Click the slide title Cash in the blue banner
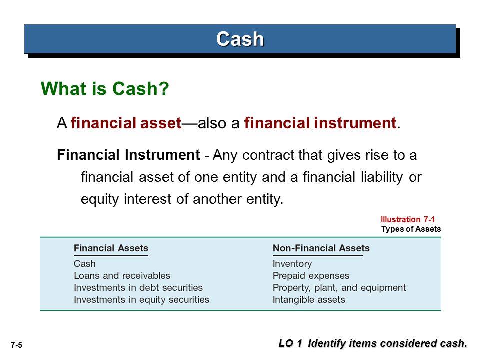tap(240, 39)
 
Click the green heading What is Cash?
tap(105, 89)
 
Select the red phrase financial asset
tap(126, 123)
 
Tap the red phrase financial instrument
tap(320, 123)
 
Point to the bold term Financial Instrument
tap(128, 155)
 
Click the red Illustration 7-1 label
tap(408, 219)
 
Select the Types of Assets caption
tap(411, 229)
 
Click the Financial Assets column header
tap(111, 248)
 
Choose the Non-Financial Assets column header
tap(321, 248)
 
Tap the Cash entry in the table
tap(85, 264)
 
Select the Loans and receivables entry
tap(122, 276)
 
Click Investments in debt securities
tap(138, 288)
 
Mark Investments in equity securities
tap(141, 299)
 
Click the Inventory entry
tap(292, 264)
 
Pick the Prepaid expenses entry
tap(311, 276)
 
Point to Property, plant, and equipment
tap(339, 288)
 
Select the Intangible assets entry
tap(309, 299)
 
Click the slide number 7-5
tap(17, 345)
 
